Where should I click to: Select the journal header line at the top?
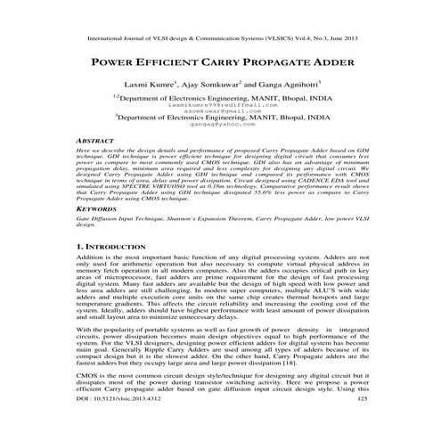220,39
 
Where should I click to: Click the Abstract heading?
96,141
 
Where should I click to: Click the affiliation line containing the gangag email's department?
220,117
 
